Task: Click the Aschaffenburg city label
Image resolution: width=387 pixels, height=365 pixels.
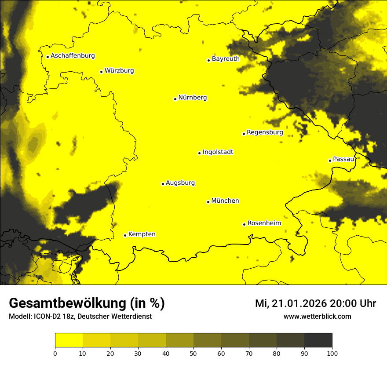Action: click(x=73, y=56)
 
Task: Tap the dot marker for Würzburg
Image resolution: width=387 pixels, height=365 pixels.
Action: click(x=101, y=72)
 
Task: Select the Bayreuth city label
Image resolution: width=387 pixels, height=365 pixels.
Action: click(x=226, y=59)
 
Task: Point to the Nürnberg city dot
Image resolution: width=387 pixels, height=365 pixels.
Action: click(x=175, y=99)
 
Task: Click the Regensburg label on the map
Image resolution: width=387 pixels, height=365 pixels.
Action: click(x=265, y=132)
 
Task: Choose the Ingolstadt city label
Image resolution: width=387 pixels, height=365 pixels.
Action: click(x=218, y=152)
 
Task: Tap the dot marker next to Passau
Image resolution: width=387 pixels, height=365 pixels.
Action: click(x=330, y=161)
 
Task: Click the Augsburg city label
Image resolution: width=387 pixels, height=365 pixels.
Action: click(x=180, y=183)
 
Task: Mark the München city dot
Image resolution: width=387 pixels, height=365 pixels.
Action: click(x=208, y=202)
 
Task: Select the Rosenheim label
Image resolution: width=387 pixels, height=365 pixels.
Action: click(x=264, y=223)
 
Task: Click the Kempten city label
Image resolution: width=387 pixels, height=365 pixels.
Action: click(x=142, y=234)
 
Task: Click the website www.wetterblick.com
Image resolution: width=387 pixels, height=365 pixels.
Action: click(x=317, y=317)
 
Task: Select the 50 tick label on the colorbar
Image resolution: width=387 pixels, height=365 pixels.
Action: click(x=193, y=353)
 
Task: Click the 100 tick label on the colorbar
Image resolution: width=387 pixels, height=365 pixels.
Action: click(x=332, y=353)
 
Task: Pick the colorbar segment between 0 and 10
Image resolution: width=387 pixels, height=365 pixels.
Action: click(x=69, y=340)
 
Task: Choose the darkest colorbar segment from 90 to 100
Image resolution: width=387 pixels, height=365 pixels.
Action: click(x=318, y=340)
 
